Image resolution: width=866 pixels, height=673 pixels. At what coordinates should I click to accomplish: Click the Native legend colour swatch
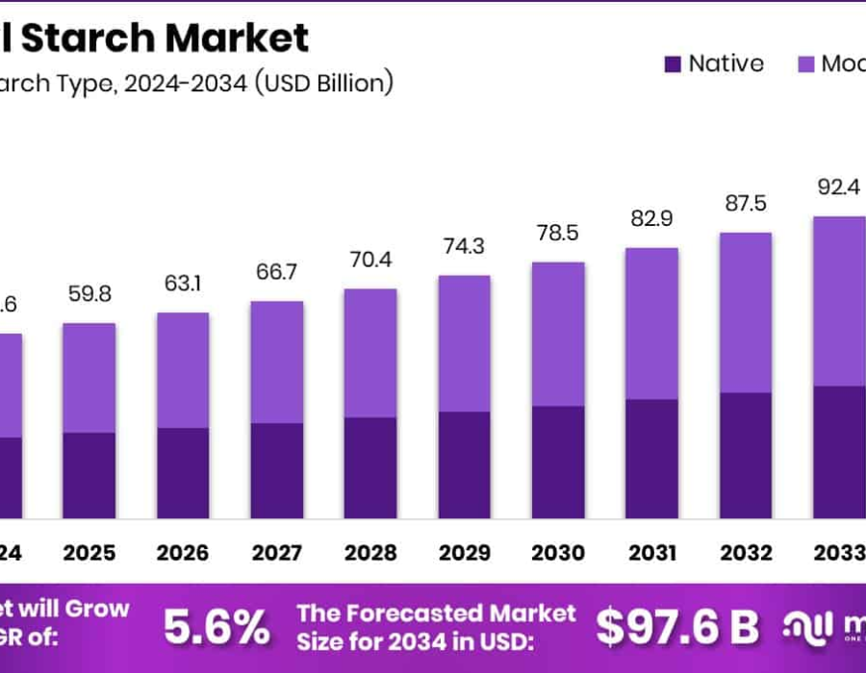point(672,64)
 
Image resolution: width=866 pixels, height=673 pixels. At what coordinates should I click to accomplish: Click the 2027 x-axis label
point(276,553)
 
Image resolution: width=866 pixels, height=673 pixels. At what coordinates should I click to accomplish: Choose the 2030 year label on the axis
point(558,553)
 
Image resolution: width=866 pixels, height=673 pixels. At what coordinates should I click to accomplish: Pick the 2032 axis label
point(746,553)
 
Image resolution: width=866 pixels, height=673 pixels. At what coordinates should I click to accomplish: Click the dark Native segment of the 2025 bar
point(89,475)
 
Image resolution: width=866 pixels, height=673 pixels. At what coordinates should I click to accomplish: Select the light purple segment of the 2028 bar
point(370,353)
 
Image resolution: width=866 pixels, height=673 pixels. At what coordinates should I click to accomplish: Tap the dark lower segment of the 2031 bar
point(651,459)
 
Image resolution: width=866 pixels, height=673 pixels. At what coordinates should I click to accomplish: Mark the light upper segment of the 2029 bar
point(464,343)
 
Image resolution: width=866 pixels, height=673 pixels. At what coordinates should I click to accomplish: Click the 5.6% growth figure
point(216,628)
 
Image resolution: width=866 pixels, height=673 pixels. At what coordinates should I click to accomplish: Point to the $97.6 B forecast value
point(676,628)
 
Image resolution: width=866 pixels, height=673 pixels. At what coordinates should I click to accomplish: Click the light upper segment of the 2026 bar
point(183,370)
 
